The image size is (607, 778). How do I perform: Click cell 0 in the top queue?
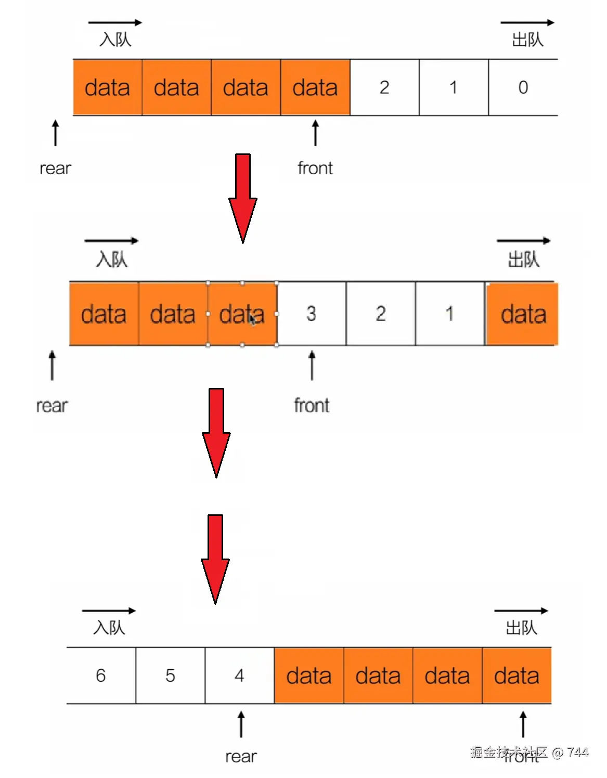click(523, 87)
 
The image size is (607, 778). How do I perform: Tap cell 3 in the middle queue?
click(311, 314)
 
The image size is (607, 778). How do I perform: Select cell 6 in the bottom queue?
click(101, 676)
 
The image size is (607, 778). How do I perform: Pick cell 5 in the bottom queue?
click(170, 676)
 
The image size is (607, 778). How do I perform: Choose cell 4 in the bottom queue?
click(239, 676)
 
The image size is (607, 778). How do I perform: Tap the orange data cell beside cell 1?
click(522, 314)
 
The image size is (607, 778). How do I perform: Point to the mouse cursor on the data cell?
click(253, 319)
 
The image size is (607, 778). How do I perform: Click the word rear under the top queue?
click(55, 168)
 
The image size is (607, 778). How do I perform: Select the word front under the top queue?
click(315, 168)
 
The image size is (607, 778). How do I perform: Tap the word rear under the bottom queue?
click(241, 756)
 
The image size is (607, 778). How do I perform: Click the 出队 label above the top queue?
click(527, 40)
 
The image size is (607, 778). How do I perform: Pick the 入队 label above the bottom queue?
click(109, 628)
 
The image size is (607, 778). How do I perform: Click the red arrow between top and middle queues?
click(242, 198)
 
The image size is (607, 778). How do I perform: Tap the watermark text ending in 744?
click(529, 753)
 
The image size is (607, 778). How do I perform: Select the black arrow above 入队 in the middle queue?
click(111, 241)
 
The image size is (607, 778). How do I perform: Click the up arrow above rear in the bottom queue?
click(241, 724)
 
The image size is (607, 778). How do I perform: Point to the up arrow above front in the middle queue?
click(312, 365)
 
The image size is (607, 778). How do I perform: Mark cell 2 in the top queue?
click(384, 87)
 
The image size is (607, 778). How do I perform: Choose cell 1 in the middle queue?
click(449, 314)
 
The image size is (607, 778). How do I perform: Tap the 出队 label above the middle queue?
click(523, 260)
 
